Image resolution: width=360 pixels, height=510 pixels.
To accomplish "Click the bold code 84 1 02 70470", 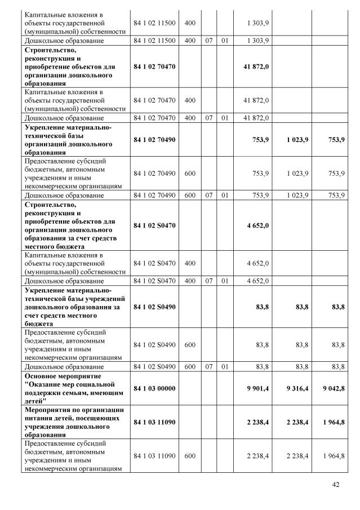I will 154,66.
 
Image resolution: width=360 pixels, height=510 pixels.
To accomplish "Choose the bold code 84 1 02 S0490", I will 154,307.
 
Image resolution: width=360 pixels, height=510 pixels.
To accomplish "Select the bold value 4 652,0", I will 257,225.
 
